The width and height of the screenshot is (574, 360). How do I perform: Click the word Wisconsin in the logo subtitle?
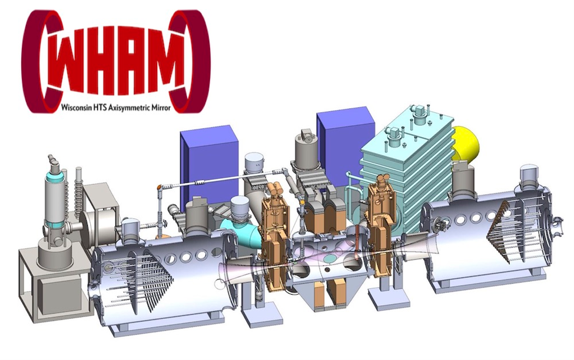pos(75,108)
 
